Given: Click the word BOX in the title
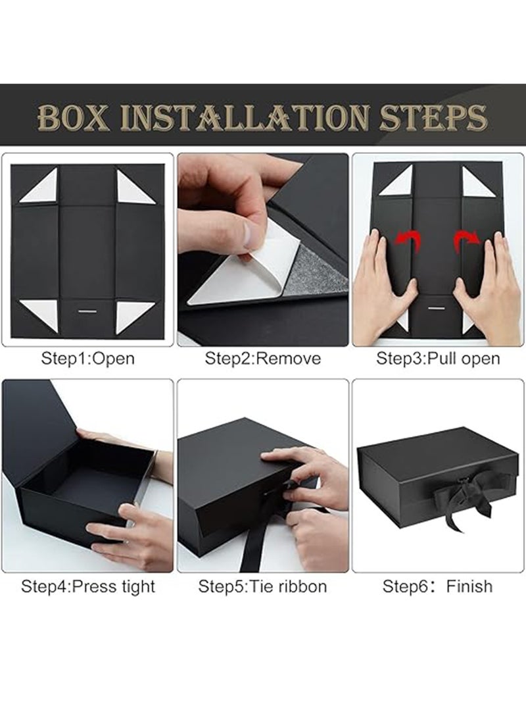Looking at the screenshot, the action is (74, 118).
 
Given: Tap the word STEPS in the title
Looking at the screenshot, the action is (433, 118).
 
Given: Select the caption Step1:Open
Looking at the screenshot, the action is (88, 358).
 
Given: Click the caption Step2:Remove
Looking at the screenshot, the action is (262, 358).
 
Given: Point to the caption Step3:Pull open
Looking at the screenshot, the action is (438, 358).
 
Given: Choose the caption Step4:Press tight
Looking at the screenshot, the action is (88, 586).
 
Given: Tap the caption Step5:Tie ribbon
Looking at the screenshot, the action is (262, 586).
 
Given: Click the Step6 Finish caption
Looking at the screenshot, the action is (437, 586).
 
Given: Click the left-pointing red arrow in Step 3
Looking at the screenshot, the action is (408, 240).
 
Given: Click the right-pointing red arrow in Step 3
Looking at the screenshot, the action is (467, 240).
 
